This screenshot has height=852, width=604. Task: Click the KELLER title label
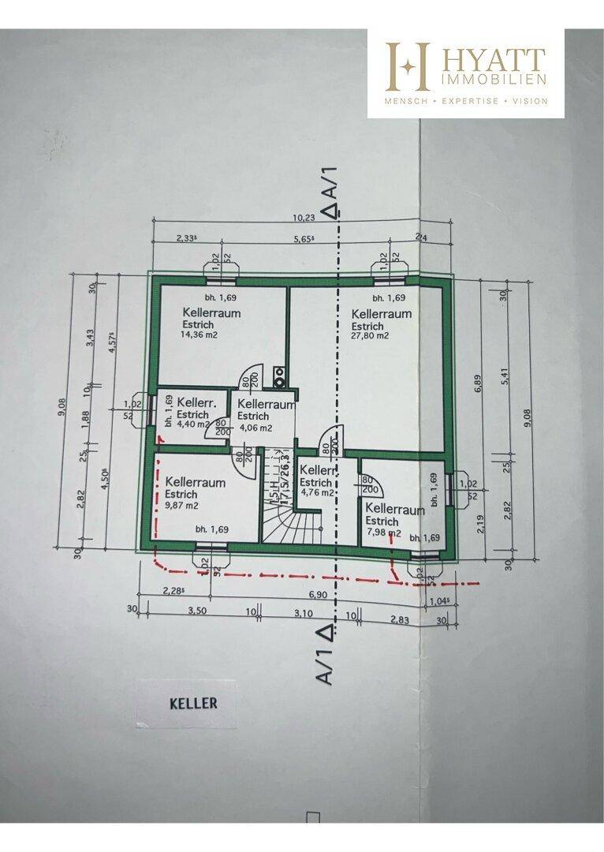(193, 703)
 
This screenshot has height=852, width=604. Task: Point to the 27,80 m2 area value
(371, 336)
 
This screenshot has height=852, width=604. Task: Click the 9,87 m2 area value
(182, 506)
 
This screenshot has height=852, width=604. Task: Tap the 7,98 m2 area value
(383, 532)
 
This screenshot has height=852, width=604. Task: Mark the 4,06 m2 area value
(255, 428)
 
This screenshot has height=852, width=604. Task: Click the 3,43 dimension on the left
(91, 338)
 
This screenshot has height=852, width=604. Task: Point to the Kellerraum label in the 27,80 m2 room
(382, 313)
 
